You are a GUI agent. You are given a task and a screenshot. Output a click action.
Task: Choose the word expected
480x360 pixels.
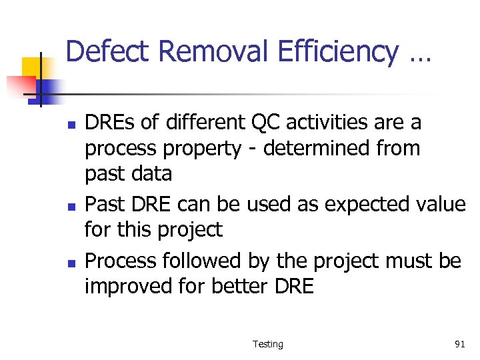click(x=353, y=204)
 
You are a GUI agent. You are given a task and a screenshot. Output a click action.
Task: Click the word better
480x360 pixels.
click(x=233, y=287)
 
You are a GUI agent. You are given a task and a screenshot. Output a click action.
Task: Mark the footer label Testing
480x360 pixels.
click(x=267, y=344)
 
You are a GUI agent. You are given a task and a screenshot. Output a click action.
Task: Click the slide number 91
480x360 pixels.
click(x=459, y=344)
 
